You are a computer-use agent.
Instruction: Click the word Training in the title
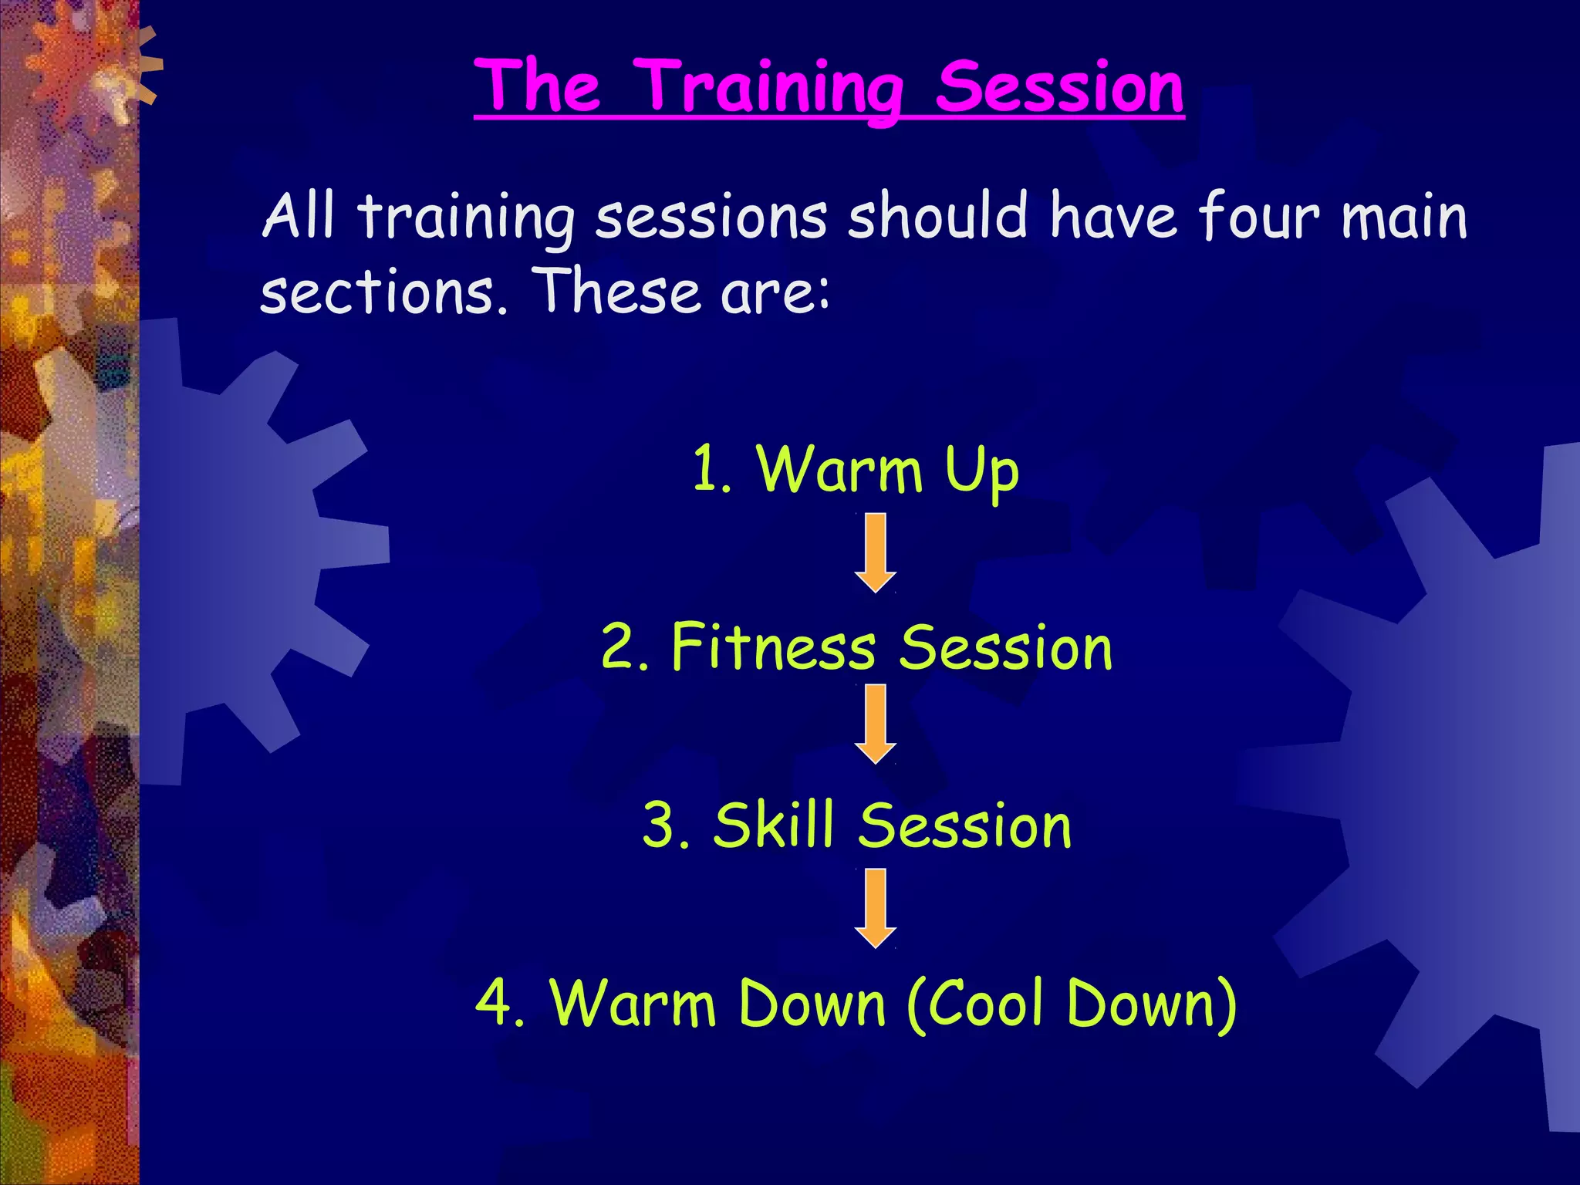pos(771,89)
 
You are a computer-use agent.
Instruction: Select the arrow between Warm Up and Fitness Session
pos(875,552)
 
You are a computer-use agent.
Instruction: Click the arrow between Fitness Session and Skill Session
pos(875,724)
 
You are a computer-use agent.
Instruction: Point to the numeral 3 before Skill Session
pos(662,825)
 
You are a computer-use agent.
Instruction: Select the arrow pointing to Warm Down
pos(875,907)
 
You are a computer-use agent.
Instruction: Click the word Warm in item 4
pos(633,1003)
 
